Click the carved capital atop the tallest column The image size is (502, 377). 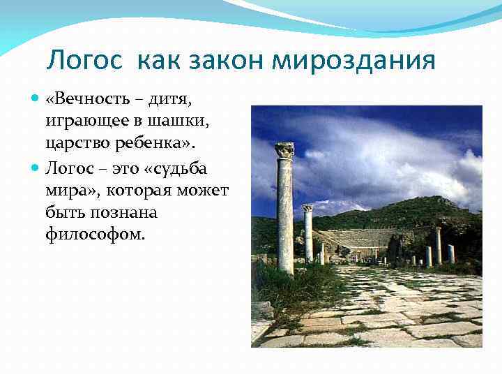[x=284, y=149]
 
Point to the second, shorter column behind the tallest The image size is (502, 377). [x=307, y=234]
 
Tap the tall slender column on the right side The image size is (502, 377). [x=438, y=244]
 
